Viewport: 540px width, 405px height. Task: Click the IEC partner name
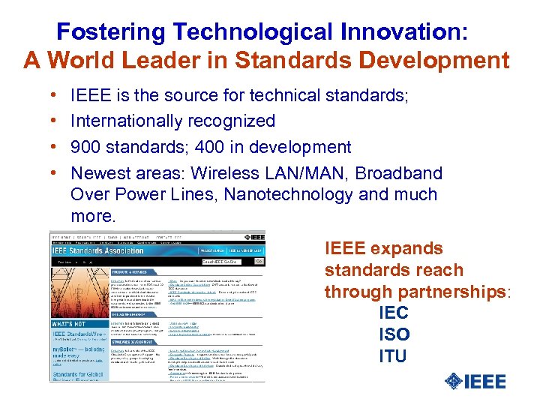click(394, 313)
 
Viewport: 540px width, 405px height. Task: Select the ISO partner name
click(394, 334)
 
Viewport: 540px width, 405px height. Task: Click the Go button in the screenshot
click(258, 261)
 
